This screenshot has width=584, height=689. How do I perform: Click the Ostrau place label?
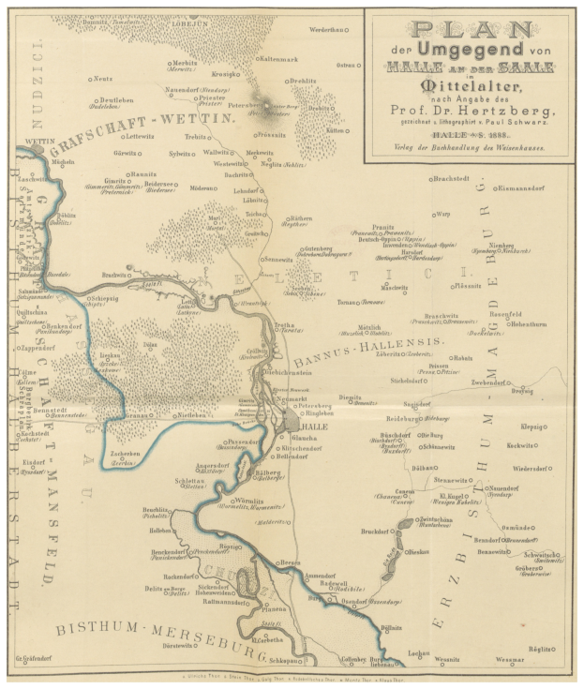click(x=346, y=65)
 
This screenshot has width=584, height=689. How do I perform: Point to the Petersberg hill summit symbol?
click(x=273, y=106)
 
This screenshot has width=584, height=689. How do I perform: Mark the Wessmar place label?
click(x=509, y=660)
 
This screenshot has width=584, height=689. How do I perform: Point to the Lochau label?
click(x=419, y=652)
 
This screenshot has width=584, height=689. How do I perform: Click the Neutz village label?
click(x=103, y=79)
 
